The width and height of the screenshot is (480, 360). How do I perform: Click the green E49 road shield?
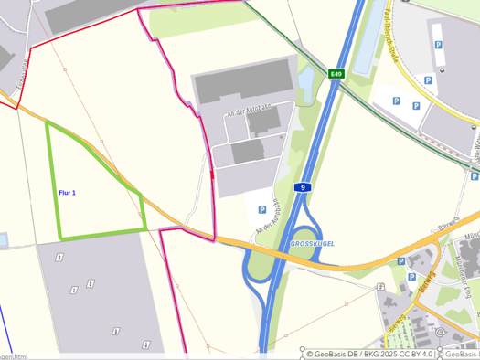pyautogui.click(x=336, y=74)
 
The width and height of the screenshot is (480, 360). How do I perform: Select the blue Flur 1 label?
pyautogui.click(x=67, y=193)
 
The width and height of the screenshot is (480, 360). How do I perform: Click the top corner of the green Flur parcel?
pyautogui.click(x=48, y=123)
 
